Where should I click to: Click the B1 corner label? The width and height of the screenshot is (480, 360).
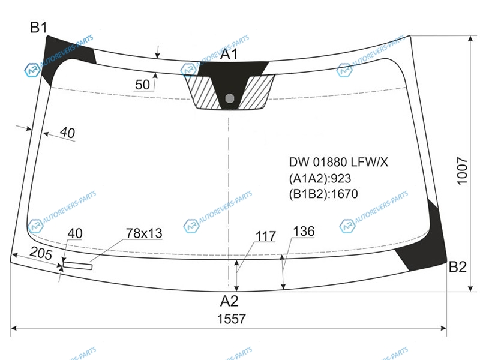pyautogui.click(x=38, y=28)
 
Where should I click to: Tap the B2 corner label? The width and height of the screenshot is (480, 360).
pyautogui.click(x=457, y=267)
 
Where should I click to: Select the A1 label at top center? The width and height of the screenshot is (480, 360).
pyautogui.click(x=229, y=54)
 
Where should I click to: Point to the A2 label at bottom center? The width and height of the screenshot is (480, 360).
pyautogui.click(x=229, y=301)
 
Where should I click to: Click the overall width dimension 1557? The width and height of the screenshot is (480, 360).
pyautogui.click(x=232, y=319)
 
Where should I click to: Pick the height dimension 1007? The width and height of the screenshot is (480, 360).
pyautogui.click(x=462, y=171)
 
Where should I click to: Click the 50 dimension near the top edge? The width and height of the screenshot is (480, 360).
pyautogui.click(x=142, y=85)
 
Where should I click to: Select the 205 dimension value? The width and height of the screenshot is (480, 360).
pyautogui.click(x=41, y=253)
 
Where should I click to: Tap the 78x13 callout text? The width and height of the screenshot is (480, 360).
pyautogui.click(x=144, y=233)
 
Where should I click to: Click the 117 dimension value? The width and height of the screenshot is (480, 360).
pyautogui.click(x=266, y=236)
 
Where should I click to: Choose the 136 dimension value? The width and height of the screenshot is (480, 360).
pyautogui.click(x=304, y=232)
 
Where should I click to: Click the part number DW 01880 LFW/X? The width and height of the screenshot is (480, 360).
pyautogui.click(x=338, y=162)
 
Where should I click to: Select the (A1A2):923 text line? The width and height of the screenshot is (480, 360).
pyautogui.click(x=320, y=178)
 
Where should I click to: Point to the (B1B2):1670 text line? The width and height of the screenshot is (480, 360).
pyautogui.click(x=323, y=194)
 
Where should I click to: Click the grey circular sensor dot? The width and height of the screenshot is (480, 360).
pyautogui.click(x=230, y=98)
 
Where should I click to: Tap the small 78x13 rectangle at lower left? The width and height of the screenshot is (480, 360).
pyautogui.click(x=77, y=266)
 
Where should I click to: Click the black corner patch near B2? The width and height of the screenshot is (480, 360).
pyautogui.click(x=425, y=245)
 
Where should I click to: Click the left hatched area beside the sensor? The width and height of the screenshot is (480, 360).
pyautogui.click(x=202, y=92)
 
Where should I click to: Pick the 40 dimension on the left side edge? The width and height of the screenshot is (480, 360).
pyautogui.click(x=67, y=133)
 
